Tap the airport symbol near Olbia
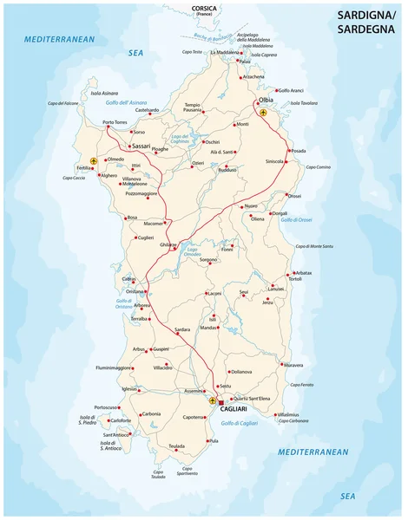[x=264, y=112]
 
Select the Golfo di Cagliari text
[x=239, y=422]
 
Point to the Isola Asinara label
[x=104, y=91]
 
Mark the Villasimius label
[x=294, y=414]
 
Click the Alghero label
[x=108, y=176]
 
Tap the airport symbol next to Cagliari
[x=213, y=401]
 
